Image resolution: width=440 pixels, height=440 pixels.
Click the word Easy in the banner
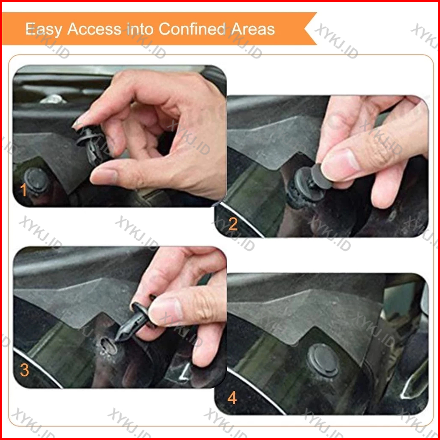tap(43, 29)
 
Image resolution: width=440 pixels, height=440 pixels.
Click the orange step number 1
tap(23, 190)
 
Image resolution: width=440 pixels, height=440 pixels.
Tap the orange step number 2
tap(233, 224)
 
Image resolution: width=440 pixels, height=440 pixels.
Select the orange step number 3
tap(24, 370)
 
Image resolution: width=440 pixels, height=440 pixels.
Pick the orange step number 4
tap(232, 397)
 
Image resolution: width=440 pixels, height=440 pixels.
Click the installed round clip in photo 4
tap(323, 360)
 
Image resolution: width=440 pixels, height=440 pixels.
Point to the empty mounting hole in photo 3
tap(109, 346)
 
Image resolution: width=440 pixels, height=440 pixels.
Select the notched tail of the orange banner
tap(310, 29)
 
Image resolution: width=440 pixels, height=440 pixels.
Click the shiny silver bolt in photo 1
tap(53, 99)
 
